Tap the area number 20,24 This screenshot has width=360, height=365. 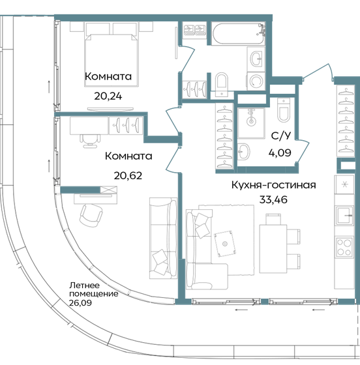(x=108, y=95)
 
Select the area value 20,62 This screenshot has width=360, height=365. (x=128, y=175)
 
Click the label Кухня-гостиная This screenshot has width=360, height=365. (x=273, y=185)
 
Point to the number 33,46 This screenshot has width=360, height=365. (x=273, y=199)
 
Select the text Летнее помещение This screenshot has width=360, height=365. (x=94, y=289)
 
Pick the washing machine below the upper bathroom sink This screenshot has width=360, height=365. (x=256, y=81)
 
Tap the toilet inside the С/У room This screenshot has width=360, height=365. (x=284, y=113)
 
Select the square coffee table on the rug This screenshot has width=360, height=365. (x=226, y=242)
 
